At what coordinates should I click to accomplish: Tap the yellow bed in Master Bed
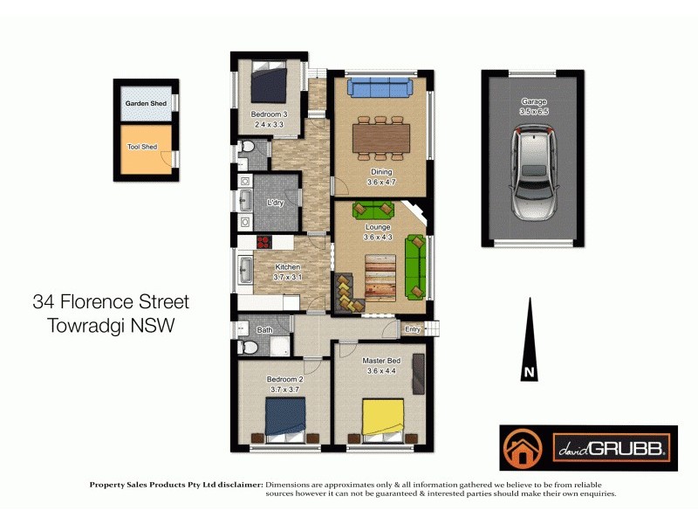pos(383,418)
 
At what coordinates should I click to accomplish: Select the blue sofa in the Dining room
pos(379,86)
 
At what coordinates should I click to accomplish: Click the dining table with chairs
pos(380,138)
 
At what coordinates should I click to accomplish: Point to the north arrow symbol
pos(528,341)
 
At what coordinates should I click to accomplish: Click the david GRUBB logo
pos(587,449)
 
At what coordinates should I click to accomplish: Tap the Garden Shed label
pos(146,104)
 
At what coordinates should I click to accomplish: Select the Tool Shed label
pos(142,147)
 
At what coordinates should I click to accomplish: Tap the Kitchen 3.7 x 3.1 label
pos(288,272)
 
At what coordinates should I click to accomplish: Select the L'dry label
pos(276,203)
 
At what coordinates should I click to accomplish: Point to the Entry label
pos(413,329)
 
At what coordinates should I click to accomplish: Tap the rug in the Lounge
pos(380,274)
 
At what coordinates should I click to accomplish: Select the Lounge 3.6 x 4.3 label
pos(378,232)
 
